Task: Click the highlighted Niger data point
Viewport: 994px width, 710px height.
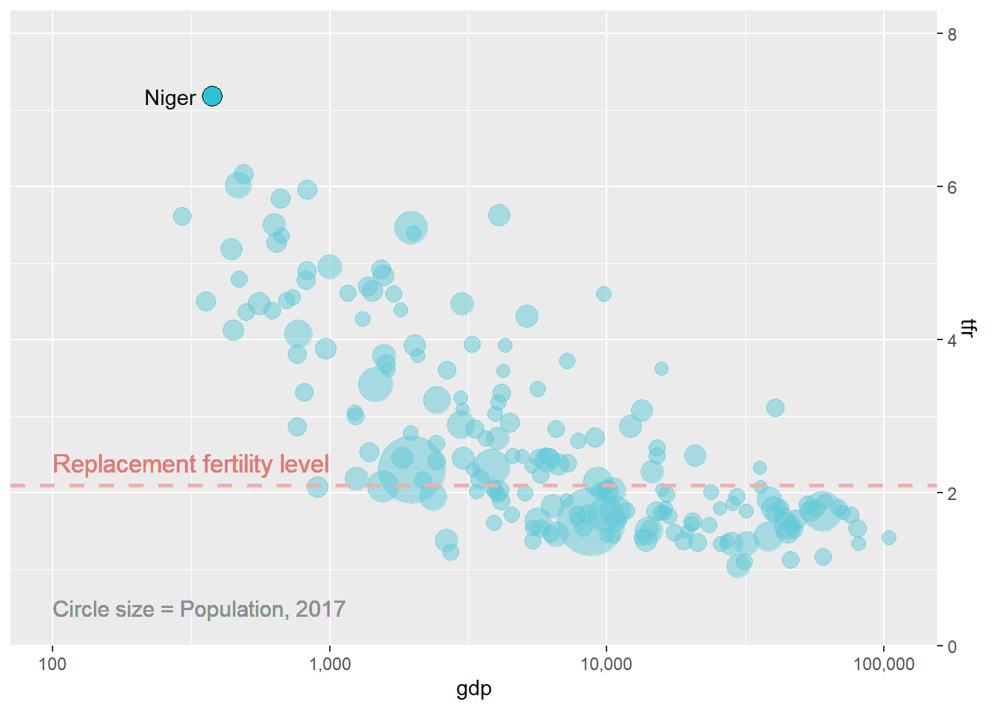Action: pos(212,97)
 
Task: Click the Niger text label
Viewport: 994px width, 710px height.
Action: pos(170,98)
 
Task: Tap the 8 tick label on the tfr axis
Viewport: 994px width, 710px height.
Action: pos(952,35)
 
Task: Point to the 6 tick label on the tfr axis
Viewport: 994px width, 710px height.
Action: pos(952,188)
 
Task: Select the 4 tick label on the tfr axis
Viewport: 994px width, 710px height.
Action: pos(952,341)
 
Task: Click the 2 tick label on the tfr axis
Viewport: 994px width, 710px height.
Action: pos(952,494)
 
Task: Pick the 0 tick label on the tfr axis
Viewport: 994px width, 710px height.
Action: pos(952,647)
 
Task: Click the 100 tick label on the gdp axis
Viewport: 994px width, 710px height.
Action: pos(52,664)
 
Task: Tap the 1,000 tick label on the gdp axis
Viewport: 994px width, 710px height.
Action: pos(329,664)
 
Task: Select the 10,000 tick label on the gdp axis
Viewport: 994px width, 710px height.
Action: pos(606,664)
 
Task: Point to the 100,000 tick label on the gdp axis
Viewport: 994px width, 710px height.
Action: pos(884,664)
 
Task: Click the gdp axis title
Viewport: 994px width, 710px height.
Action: pos(474,689)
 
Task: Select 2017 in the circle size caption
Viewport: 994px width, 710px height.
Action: pos(321,609)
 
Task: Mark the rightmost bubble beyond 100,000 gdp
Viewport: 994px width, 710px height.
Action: pos(889,538)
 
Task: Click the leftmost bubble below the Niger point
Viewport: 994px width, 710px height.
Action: pos(182,216)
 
